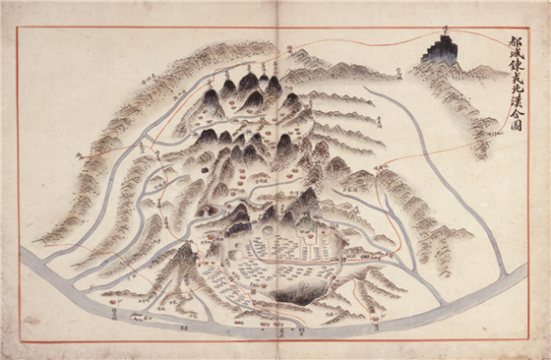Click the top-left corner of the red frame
tap(18, 28)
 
